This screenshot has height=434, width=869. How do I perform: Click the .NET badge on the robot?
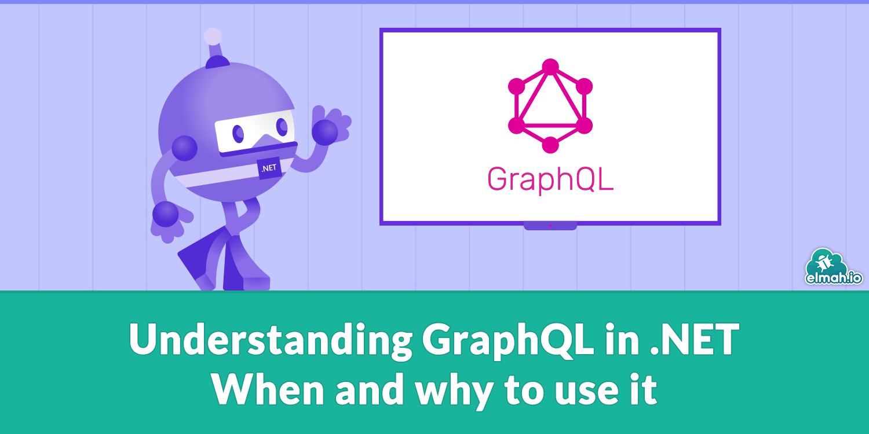pos(269,168)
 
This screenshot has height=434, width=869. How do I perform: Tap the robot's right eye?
pos(282,126)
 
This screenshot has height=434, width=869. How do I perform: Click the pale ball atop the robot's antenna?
pos(213,36)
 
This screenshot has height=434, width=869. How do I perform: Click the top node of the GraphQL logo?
pos(550,67)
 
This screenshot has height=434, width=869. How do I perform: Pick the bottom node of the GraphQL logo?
pos(550,145)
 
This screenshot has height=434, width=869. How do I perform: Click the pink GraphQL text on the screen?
pos(550,179)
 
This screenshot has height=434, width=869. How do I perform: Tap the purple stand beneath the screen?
pos(550,226)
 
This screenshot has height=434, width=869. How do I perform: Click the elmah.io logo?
pos(834,269)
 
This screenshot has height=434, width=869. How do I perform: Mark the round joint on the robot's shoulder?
pos(184,148)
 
